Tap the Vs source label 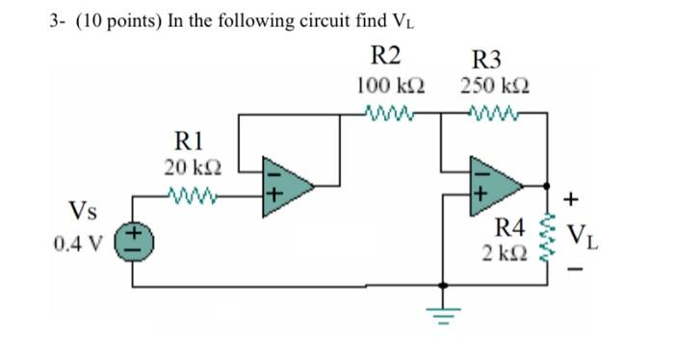81,209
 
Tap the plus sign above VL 572,200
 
